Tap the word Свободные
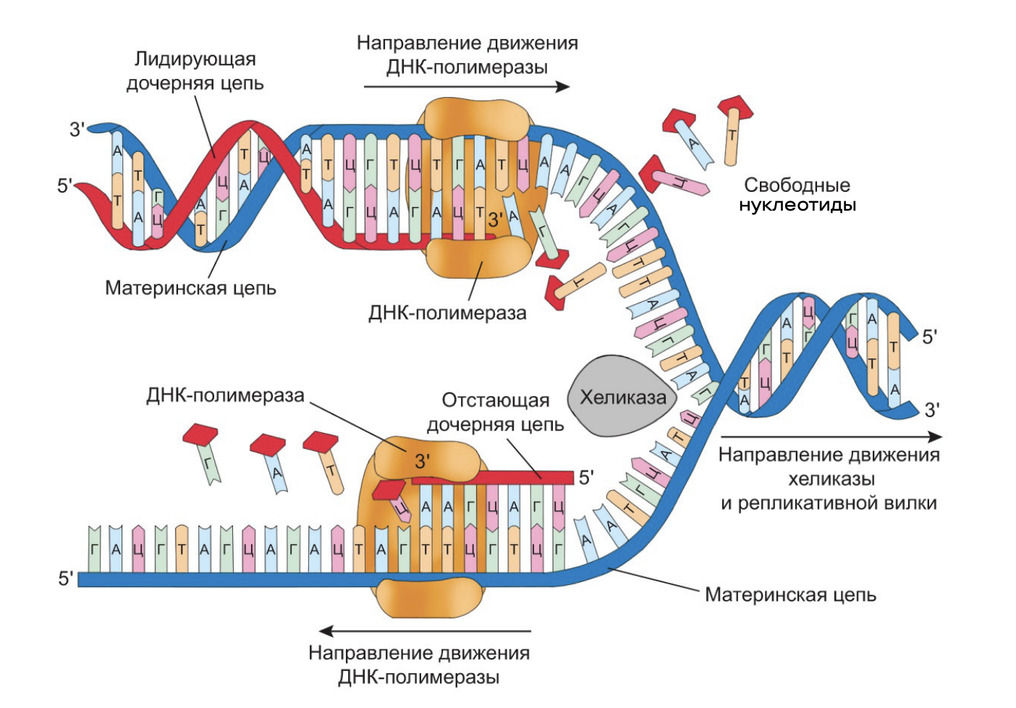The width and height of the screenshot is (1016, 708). pyautogui.click(x=796, y=185)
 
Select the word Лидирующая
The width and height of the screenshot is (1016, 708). pyautogui.click(x=195, y=59)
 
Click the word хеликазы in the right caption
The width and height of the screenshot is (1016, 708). pyautogui.click(x=831, y=479)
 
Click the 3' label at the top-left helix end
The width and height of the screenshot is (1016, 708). pyautogui.click(x=77, y=130)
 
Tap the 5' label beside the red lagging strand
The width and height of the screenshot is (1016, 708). pyautogui.click(x=585, y=477)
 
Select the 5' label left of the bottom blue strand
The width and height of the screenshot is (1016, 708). pyautogui.click(x=66, y=578)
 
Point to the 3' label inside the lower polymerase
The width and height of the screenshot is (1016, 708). pyautogui.click(x=422, y=461)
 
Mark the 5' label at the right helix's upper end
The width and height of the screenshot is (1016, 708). pyautogui.click(x=929, y=337)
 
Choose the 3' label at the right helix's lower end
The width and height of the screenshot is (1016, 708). pyautogui.click(x=932, y=410)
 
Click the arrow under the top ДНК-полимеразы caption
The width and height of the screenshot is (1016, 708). pyautogui.click(x=466, y=87)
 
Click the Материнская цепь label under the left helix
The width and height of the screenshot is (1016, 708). pyautogui.click(x=190, y=288)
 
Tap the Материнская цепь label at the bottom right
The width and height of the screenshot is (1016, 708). pyautogui.click(x=790, y=595)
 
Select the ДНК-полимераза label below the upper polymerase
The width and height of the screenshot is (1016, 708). pyautogui.click(x=447, y=313)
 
